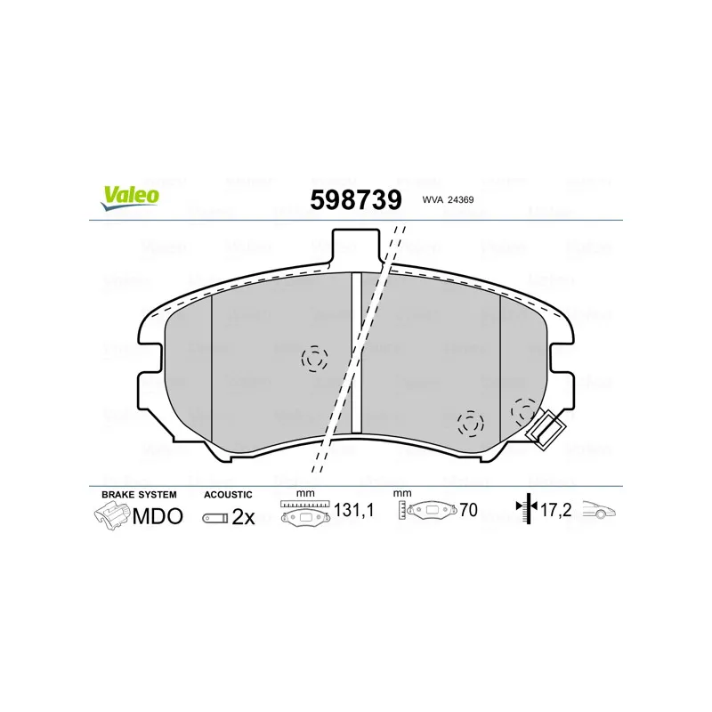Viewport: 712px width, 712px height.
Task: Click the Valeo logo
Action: coord(130,198)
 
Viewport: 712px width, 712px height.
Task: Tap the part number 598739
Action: coord(356,199)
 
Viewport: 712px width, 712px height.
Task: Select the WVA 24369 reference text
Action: coord(448,199)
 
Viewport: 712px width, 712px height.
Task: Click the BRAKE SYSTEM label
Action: coord(139,495)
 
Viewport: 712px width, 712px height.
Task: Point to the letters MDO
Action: coord(158,516)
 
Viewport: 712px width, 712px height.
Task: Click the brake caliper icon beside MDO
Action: coord(112,515)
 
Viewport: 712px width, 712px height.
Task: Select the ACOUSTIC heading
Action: coord(228,495)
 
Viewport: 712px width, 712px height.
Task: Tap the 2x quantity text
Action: coord(243,517)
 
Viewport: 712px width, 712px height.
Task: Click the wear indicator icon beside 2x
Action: coord(215,518)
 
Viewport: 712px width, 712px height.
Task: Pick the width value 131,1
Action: coord(353,510)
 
